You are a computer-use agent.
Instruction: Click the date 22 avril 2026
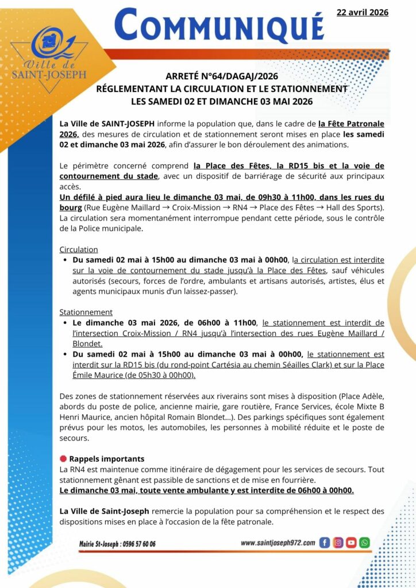coord(362,12)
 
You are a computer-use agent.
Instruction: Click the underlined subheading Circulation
coord(79,250)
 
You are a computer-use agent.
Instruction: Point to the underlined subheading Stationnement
coord(86,312)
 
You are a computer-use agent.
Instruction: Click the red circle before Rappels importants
coord(63,459)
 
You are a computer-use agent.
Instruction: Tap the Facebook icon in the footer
coord(324,542)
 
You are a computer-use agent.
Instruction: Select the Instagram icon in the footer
coord(338,542)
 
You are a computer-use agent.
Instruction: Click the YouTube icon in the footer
coord(351,542)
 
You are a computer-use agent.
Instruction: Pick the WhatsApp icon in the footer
coord(364,542)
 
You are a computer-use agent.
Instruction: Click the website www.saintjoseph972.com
coord(278,543)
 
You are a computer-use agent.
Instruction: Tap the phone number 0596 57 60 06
coord(137,544)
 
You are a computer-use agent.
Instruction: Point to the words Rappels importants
coord(107,459)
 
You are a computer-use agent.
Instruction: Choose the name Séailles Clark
coord(302,365)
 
